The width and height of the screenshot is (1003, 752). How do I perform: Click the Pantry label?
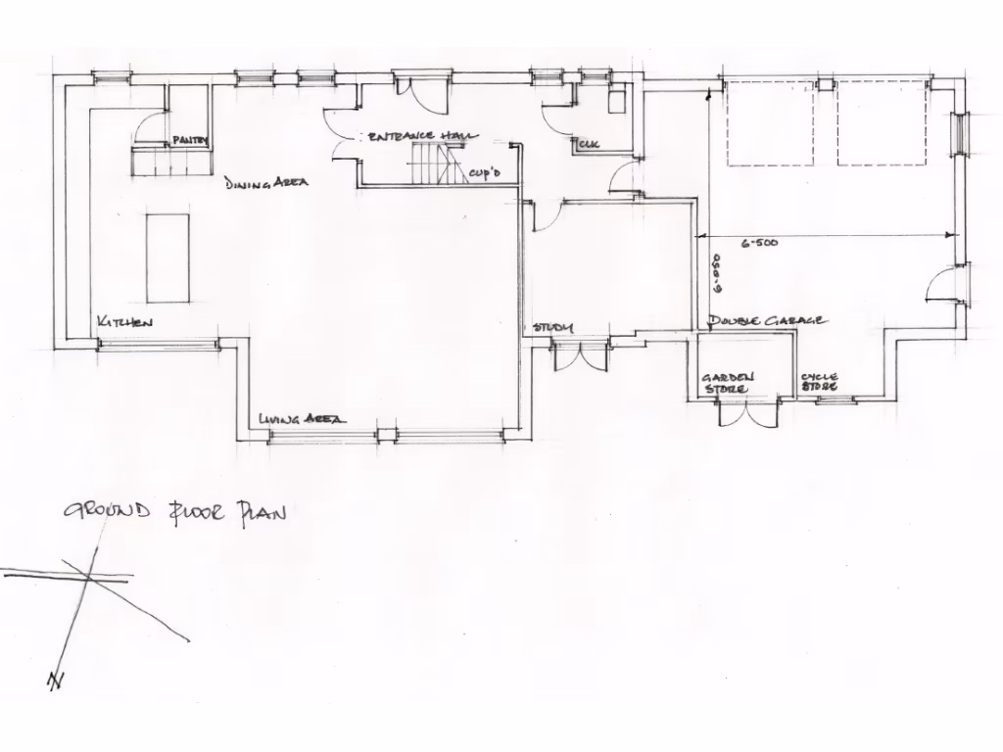[190, 141]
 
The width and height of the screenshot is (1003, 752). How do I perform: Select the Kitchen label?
[124, 322]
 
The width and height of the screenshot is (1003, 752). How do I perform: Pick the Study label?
[552, 327]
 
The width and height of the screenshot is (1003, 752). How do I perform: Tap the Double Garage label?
[767, 321]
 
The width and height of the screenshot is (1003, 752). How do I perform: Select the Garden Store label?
[726, 383]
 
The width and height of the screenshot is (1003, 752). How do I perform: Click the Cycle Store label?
[819, 381]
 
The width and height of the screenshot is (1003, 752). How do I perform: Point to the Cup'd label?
[485, 173]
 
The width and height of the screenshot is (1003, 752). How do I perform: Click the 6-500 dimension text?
[759, 243]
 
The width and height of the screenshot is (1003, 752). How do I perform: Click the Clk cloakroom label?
[589, 145]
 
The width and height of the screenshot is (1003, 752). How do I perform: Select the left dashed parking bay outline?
[769, 124]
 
